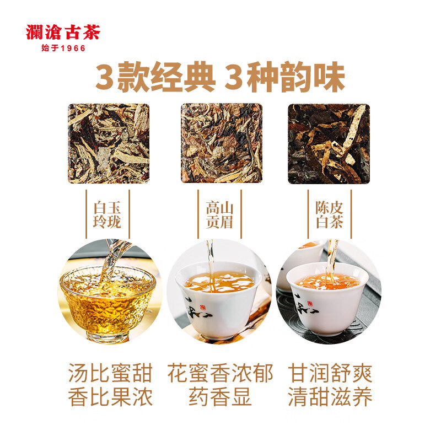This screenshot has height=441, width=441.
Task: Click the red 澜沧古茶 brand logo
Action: [x=62, y=33]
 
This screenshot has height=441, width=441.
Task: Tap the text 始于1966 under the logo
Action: [x=63, y=49]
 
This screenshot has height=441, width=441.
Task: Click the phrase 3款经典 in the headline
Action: [x=154, y=78]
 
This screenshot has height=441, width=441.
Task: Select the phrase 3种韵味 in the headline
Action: [x=284, y=78]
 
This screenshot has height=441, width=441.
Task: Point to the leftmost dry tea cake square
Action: [x=109, y=143]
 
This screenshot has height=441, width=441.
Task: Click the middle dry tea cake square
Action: [x=221, y=143]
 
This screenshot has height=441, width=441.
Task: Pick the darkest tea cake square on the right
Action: [x=329, y=143]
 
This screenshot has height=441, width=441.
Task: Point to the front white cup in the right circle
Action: [x=328, y=303]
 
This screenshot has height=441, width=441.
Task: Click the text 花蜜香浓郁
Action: [x=220, y=374]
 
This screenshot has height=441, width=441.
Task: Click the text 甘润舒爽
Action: [x=330, y=374]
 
